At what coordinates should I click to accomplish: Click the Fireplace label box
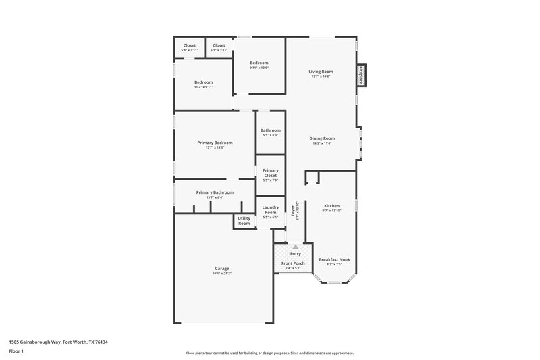tap(362, 75)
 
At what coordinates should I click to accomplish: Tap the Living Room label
tap(321, 71)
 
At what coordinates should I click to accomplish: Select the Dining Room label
tap(322, 138)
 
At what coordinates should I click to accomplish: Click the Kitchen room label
tap(331, 205)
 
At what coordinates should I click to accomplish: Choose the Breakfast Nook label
tap(334, 259)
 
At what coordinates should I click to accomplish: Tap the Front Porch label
tap(293, 263)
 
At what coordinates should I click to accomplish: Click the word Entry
tap(296, 254)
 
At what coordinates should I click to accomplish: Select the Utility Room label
tap(244, 221)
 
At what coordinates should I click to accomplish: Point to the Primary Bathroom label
tap(215, 192)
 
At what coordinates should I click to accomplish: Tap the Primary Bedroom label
tap(215, 143)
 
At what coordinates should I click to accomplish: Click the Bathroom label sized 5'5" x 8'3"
tap(271, 130)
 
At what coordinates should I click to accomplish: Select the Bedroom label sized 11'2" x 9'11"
tap(204, 82)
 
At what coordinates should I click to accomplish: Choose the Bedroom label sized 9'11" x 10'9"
tap(259, 63)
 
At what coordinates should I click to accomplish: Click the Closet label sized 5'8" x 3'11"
tap(190, 45)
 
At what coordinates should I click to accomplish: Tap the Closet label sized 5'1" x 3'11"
tap(219, 45)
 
